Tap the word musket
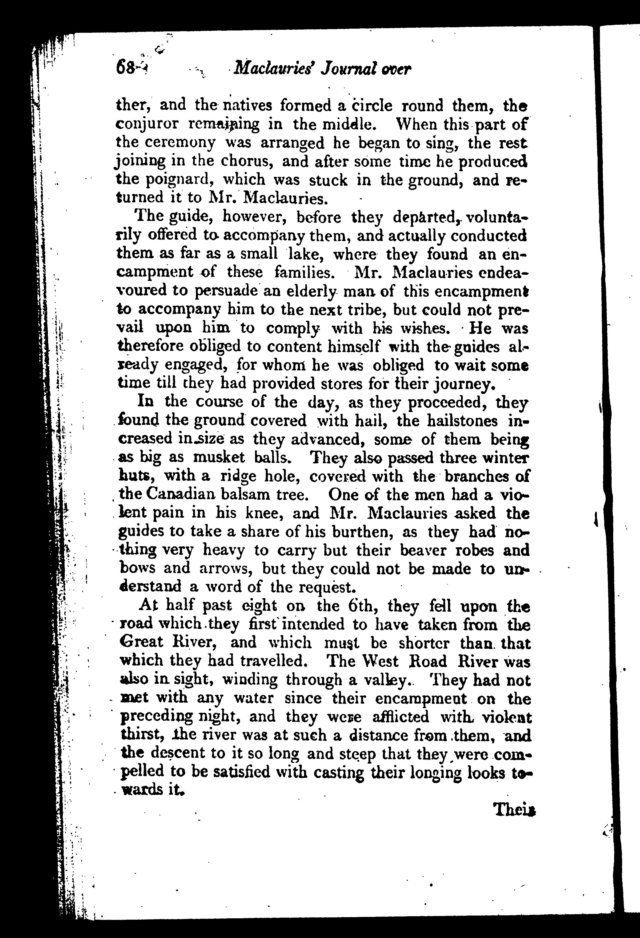coord(219,457)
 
